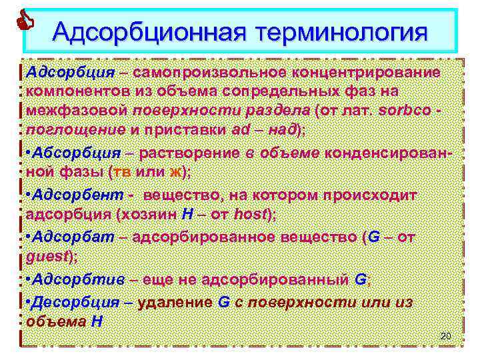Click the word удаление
point(177,301)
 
